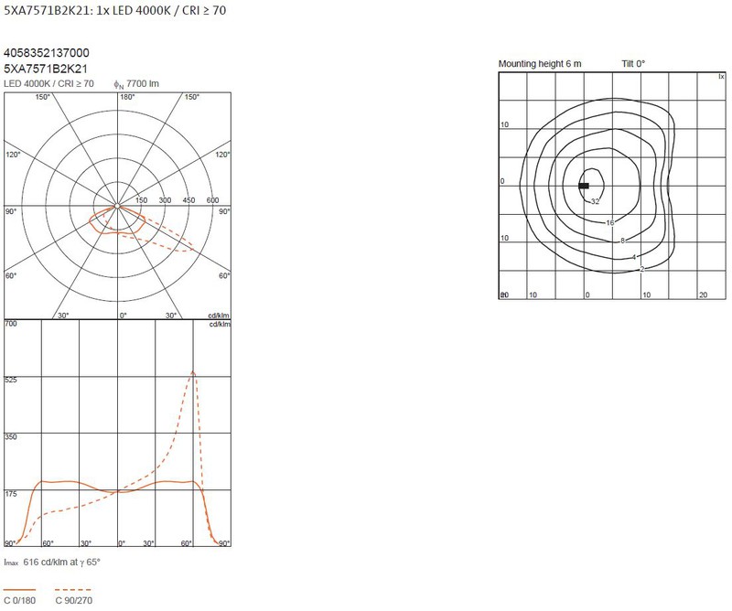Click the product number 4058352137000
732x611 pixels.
tap(47, 53)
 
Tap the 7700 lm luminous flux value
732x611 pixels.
tap(143, 83)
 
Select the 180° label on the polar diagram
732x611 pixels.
tap(127, 97)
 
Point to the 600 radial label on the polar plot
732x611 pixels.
tap(212, 200)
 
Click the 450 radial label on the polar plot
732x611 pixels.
tap(188, 200)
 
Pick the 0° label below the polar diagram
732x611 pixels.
tap(123, 316)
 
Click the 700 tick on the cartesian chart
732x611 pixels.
tap(11, 324)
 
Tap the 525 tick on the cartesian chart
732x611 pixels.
tap(11, 380)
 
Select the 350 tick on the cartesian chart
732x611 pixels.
tap(11, 437)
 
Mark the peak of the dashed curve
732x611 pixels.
tap(193, 372)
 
